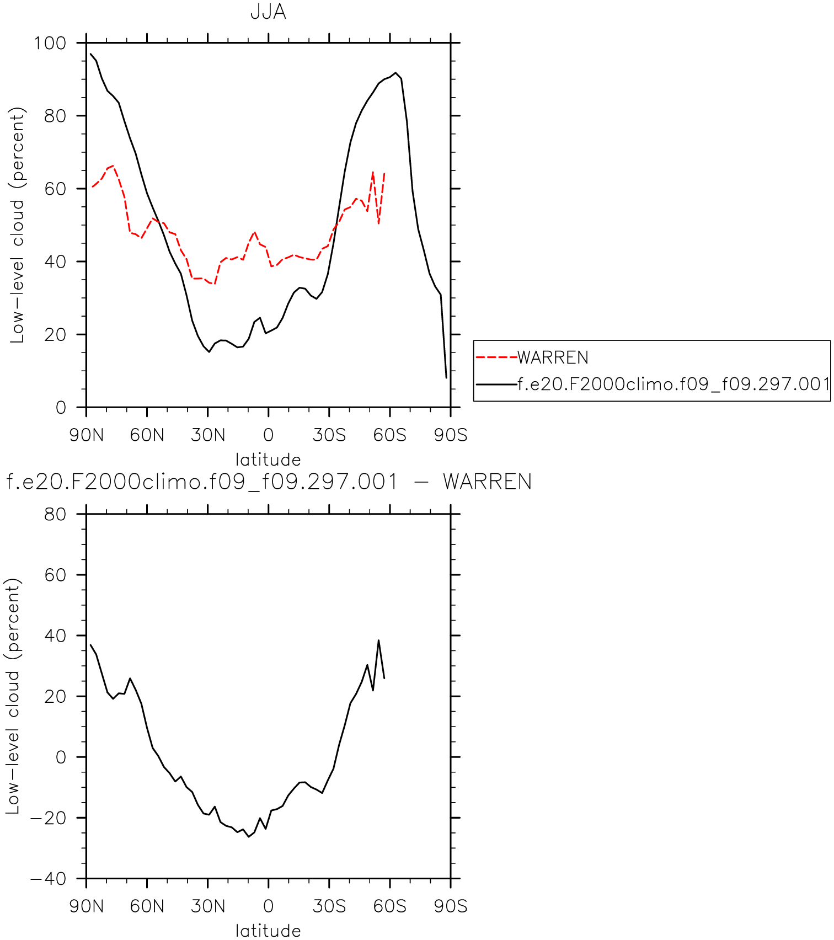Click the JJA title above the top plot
pos(268,12)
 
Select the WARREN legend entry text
pos(553,357)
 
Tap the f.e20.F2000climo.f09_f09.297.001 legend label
pos(673,384)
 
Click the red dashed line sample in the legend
pos(496,357)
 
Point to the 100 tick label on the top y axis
pos(50,43)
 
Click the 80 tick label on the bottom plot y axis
pos(55,514)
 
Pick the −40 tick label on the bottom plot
pos(48,879)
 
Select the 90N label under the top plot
pos(87,435)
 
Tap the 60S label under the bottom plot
pos(390,906)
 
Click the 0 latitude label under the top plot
pos(269,435)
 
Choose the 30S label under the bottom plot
pos(329,906)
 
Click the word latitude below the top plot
pos(268,460)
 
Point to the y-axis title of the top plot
pos(18,225)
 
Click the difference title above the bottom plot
pos(269,482)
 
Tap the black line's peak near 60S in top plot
pos(395,73)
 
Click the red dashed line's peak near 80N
pos(113,166)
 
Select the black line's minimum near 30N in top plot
pos(209,351)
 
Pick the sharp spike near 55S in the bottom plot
pos(378,640)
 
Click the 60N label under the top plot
pos(147,435)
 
